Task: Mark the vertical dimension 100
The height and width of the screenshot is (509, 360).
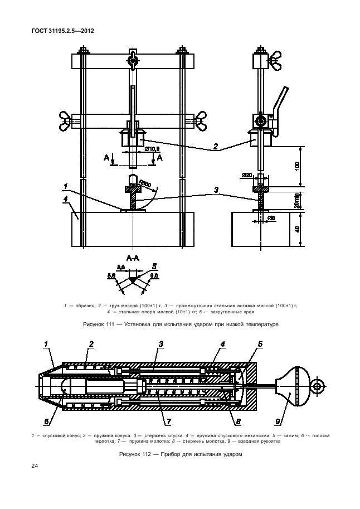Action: click(x=297, y=166)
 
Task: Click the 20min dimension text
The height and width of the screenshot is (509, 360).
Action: click(x=297, y=198)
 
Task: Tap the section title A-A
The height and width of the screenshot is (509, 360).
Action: click(x=133, y=258)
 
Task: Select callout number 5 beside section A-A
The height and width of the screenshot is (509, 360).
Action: click(x=154, y=265)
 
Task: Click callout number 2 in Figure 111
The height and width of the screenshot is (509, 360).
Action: click(x=215, y=148)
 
